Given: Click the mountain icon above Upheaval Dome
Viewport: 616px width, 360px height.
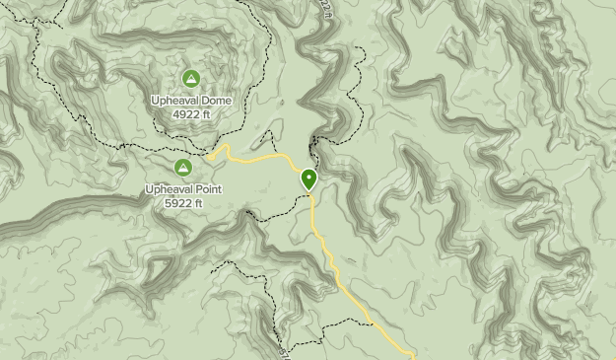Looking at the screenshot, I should click(191, 78).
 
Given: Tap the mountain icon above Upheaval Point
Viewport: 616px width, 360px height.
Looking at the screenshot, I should click(183, 168).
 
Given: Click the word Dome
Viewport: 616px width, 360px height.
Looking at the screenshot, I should click(213, 100).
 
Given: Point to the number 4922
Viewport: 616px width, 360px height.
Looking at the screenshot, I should click(186, 114).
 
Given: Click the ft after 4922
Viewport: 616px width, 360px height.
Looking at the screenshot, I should click(206, 114).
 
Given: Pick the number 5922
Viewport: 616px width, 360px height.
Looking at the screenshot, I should click(177, 204).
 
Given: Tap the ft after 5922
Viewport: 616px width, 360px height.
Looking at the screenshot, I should click(197, 204).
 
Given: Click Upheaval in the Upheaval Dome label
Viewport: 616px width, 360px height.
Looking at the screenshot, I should click(172, 100).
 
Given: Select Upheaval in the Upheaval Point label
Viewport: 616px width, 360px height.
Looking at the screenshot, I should click(166, 189).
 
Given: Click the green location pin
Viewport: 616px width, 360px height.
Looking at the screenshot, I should click(309, 180).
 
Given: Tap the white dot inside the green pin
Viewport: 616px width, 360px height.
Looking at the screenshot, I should click(309, 177).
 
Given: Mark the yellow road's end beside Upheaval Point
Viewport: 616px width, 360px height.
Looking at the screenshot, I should click(211, 155).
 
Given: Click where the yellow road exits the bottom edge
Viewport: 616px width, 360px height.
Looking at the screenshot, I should click(412, 357).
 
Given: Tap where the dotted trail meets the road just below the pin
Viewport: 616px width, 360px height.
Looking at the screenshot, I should click(311, 195).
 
